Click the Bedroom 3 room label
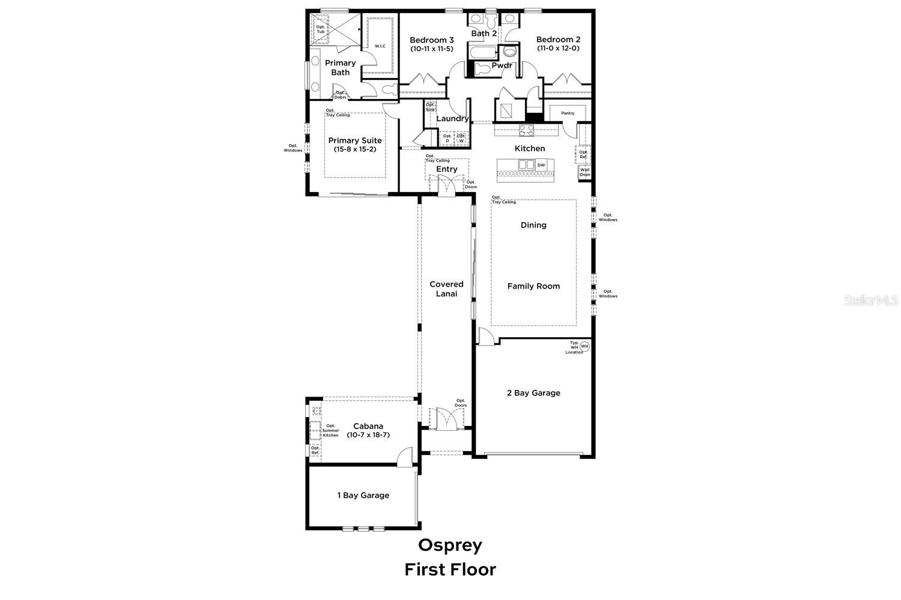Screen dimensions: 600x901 [x=431, y=40]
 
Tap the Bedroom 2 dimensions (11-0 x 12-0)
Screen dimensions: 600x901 [x=558, y=49]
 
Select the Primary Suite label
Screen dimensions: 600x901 [x=354, y=140]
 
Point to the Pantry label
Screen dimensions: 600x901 [x=568, y=113]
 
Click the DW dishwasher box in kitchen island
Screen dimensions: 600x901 [x=541, y=165]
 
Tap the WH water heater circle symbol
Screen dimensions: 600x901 [x=584, y=346]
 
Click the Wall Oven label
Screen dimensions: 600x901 [x=584, y=172]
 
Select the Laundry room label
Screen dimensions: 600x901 [x=452, y=119]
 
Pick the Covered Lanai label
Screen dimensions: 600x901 [x=446, y=289]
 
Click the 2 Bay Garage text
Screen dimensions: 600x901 [x=533, y=393]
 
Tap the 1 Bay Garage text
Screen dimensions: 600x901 [x=363, y=496]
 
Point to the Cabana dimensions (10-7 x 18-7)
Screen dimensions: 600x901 [x=368, y=435]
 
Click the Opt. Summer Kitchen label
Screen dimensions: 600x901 [x=331, y=430]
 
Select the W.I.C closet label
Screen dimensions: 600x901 [x=380, y=46]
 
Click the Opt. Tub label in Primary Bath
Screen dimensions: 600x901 [x=320, y=29]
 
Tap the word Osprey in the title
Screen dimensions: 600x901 [x=450, y=545]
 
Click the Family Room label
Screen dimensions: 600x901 [x=533, y=286]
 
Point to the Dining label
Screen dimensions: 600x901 [x=533, y=225]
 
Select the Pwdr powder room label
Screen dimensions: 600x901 [x=502, y=65]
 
